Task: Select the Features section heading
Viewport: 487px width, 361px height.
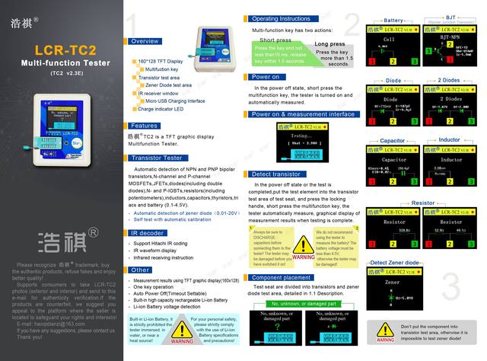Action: tap(145, 126)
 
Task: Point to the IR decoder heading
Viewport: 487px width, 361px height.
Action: tap(148, 233)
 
